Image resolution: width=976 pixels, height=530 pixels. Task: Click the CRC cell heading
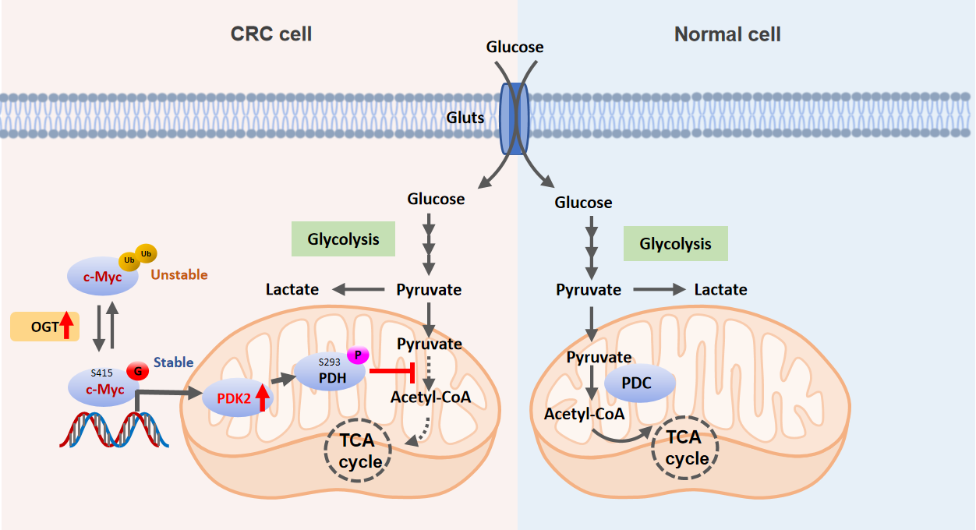pyautogui.click(x=271, y=34)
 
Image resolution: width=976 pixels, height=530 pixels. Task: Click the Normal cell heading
pyautogui.click(x=727, y=34)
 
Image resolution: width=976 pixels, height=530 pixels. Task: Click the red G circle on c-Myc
pyautogui.click(x=138, y=371)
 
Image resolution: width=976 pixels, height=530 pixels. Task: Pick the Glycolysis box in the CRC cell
pyautogui.click(x=343, y=240)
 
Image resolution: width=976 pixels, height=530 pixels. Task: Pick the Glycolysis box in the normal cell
pyautogui.click(x=675, y=244)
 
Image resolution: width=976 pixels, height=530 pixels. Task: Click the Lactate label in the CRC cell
pyautogui.click(x=292, y=289)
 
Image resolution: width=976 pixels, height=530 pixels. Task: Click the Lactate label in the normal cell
pyautogui.click(x=721, y=290)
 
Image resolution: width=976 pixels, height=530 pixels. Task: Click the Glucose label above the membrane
pyautogui.click(x=515, y=48)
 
